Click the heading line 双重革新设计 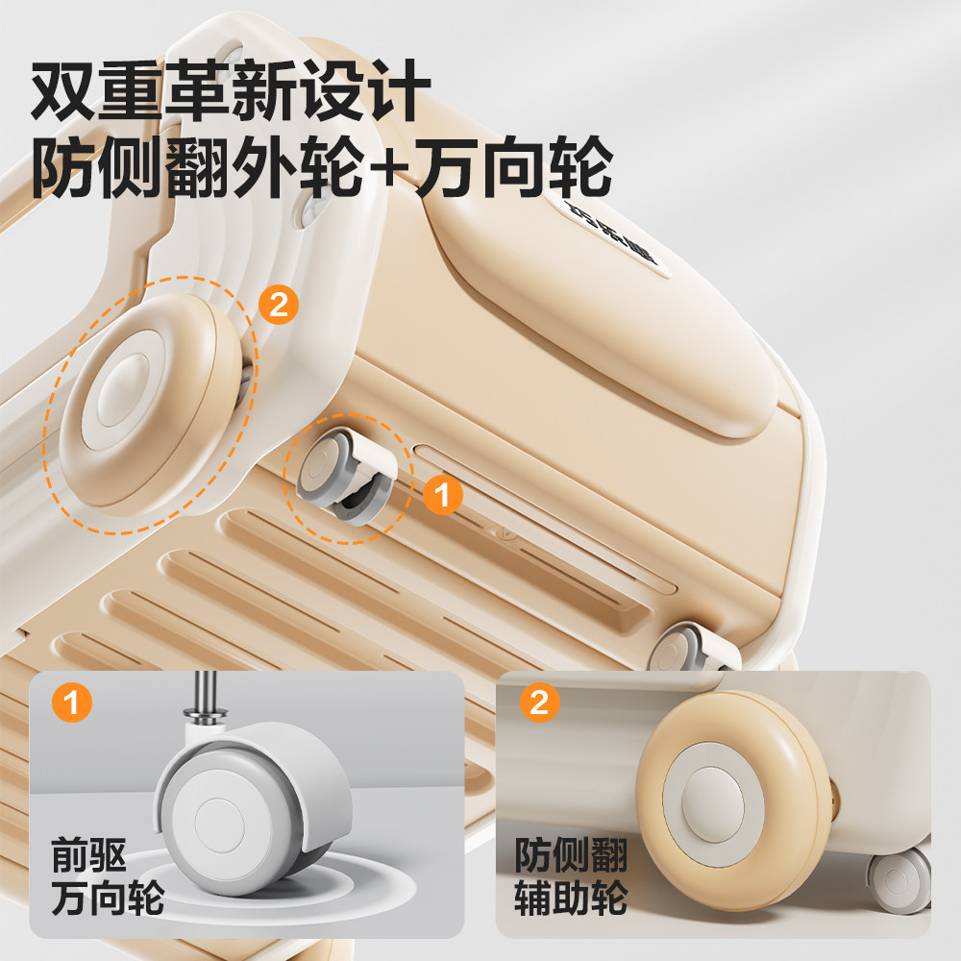click(x=227, y=92)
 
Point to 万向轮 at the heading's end click(x=514, y=171)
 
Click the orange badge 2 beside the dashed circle click(x=278, y=306)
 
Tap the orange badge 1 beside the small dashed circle click(x=442, y=495)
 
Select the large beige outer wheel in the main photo click(x=149, y=404)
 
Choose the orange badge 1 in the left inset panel click(x=71, y=703)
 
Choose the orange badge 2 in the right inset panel click(x=539, y=703)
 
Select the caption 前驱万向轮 click(x=108, y=876)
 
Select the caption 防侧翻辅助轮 click(x=570, y=876)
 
